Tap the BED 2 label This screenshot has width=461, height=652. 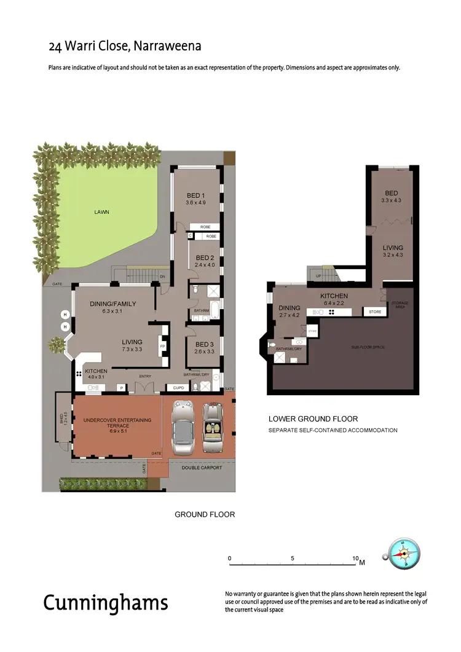(204, 257)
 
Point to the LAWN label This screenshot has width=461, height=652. (102, 212)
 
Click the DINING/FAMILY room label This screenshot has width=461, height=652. (112, 304)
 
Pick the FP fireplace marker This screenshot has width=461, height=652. (164, 346)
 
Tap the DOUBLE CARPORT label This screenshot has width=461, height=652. (202, 468)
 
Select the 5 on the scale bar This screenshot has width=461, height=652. (293, 559)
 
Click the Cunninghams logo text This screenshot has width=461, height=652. (105, 603)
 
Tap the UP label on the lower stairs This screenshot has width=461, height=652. (318, 277)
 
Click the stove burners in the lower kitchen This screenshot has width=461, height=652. (331, 312)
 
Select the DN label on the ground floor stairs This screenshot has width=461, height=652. (163, 277)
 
